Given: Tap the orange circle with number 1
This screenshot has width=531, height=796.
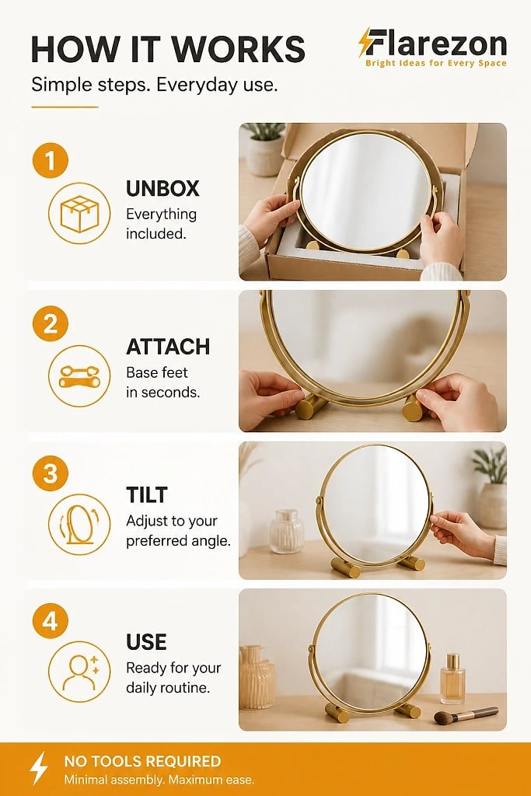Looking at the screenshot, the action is (x=50, y=160).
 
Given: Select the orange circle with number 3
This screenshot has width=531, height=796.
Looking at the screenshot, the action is (x=50, y=473).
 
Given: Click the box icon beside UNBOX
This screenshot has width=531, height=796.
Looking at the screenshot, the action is (x=79, y=213).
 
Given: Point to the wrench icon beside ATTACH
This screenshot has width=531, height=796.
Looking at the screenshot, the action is (x=79, y=375).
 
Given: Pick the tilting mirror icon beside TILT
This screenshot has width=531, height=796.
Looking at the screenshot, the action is (x=79, y=524).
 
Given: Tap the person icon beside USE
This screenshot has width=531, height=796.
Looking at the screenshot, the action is (x=79, y=672).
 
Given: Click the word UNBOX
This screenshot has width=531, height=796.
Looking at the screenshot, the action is (x=162, y=188).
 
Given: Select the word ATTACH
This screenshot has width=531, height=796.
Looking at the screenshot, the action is (x=168, y=347).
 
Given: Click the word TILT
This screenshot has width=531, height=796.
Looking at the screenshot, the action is (x=147, y=495).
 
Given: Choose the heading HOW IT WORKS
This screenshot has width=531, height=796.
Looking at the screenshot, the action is (x=168, y=49).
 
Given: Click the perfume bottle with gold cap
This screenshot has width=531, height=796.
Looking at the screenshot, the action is (x=452, y=679).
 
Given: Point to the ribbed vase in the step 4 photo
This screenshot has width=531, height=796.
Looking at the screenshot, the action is (x=257, y=677).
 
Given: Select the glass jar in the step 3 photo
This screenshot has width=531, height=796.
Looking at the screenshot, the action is (x=286, y=532).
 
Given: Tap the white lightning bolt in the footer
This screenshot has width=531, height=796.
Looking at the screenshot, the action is (x=39, y=768).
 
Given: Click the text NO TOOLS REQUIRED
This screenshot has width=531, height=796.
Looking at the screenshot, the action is (x=142, y=761).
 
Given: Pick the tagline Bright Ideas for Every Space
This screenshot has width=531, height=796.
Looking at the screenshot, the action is (x=435, y=64).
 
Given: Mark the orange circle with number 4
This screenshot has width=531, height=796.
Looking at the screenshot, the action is (x=50, y=621).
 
